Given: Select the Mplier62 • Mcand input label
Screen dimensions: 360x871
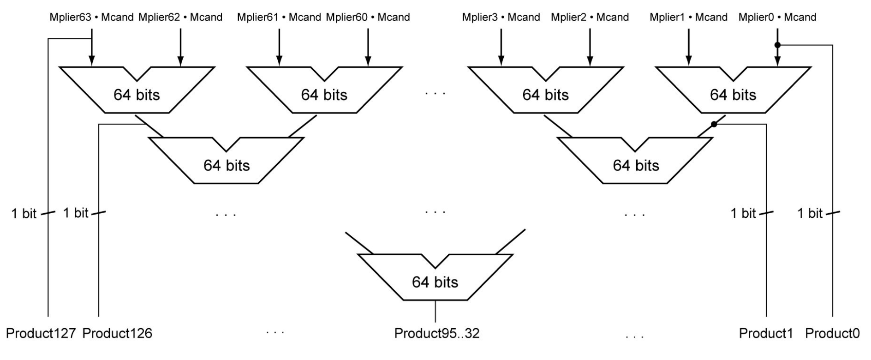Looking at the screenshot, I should [x=180, y=18].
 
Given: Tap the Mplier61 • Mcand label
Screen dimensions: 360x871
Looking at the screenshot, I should [x=279, y=18].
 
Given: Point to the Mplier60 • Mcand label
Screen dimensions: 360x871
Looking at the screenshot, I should [x=368, y=18].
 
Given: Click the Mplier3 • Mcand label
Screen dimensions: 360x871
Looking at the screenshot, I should [x=501, y=18].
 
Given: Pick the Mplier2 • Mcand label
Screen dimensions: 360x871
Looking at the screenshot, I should [x=590, y=18].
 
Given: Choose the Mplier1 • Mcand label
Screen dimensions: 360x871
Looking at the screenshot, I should [x=688, y=18].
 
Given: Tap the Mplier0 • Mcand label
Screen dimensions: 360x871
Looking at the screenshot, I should [x=777, y=18].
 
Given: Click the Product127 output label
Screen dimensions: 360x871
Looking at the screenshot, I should [x=41, y=333].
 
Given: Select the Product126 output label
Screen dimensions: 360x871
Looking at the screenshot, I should [x=117, y=333].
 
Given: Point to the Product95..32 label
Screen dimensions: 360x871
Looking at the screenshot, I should [x=437, y=333].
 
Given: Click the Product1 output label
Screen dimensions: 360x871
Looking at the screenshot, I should [x=766, y=333].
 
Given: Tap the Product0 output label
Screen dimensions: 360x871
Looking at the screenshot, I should [x=832, y=333].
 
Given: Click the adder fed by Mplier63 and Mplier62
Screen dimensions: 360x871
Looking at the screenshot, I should [x=137, y=92].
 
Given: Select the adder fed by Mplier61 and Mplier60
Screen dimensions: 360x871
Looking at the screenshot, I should [x=324, y=92].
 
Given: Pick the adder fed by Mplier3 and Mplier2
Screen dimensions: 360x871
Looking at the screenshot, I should [x=545, y=92].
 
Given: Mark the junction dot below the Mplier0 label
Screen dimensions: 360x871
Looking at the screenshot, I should [x=777, y=45].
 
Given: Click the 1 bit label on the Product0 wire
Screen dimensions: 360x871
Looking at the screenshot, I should [x=810, y=213].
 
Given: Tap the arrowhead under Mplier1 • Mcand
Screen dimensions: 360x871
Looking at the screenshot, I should [x=688, y=60].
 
